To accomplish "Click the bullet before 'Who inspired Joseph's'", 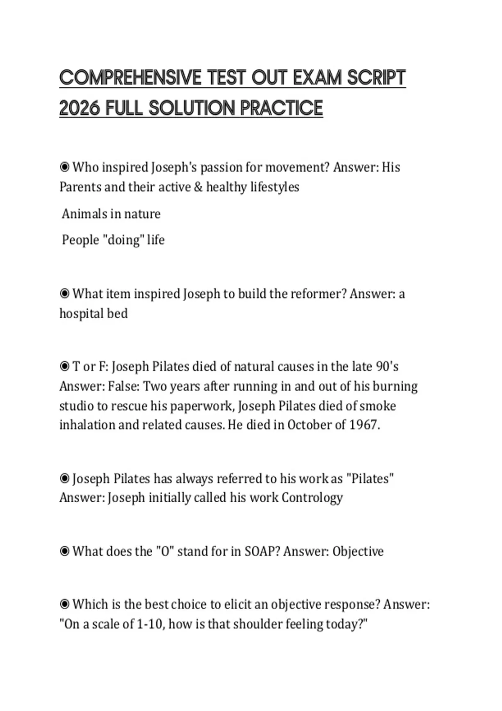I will point(64,167).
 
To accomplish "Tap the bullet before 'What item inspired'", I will point(64,294).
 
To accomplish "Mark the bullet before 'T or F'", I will point(64,367).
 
